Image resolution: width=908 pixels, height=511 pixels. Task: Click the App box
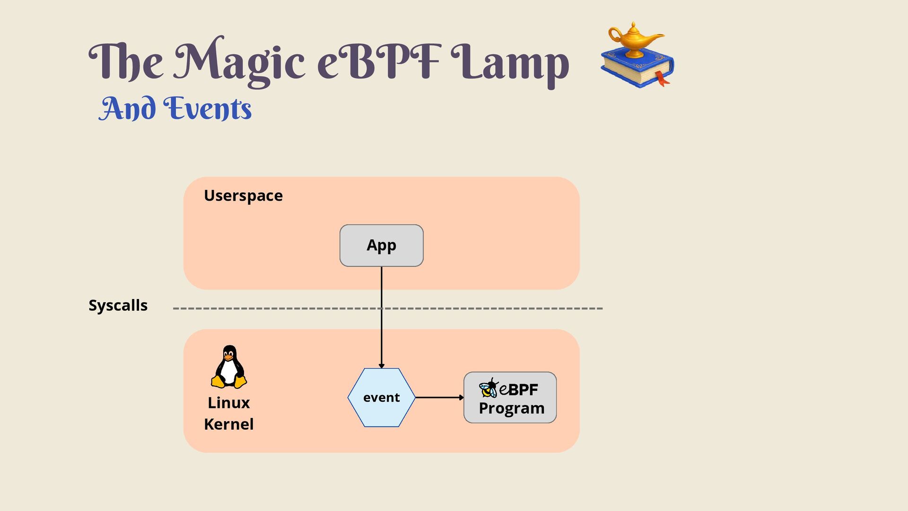pos(381,246)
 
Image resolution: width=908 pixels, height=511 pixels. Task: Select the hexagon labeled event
pos(381,397)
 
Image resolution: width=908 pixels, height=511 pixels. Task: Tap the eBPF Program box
pos(510,397)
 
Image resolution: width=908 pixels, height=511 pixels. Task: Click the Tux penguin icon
pos(229,367)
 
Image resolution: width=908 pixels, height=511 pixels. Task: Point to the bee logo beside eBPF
pos(489,388)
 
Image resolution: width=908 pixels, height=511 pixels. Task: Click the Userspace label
pos(243,196)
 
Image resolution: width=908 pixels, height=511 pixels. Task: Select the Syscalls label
pos(118,306)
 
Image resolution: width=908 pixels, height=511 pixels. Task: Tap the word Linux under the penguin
pos(229,403)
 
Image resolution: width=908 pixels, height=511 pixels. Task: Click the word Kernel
pos(229,424)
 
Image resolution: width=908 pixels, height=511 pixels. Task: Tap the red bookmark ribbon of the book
pos(662,79)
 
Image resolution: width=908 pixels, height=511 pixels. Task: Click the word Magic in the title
pos(239,62)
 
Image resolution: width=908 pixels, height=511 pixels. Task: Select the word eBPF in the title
pos(379,61)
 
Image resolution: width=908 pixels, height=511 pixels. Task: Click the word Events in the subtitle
pos(207,108)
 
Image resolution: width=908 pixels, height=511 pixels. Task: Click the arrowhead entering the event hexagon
pos(381,366)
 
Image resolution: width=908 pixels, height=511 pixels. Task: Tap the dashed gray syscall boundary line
pos(388,308)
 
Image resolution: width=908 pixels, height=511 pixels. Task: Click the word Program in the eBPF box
pos(512,408)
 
